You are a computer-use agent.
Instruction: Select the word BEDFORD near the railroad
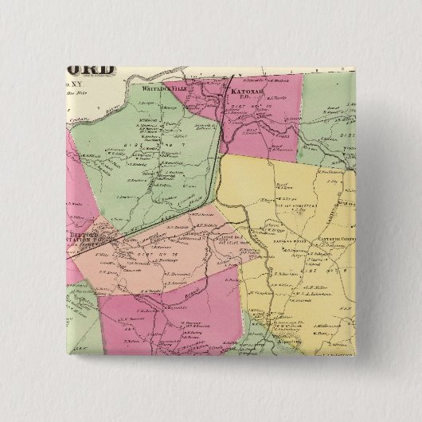(x=80, y=236)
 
